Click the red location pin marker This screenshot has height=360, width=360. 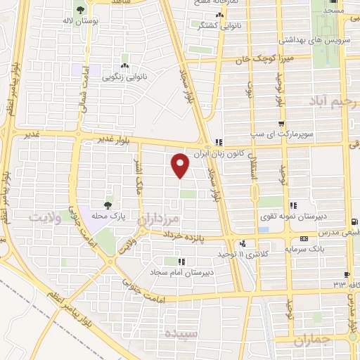tap(181, 165)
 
